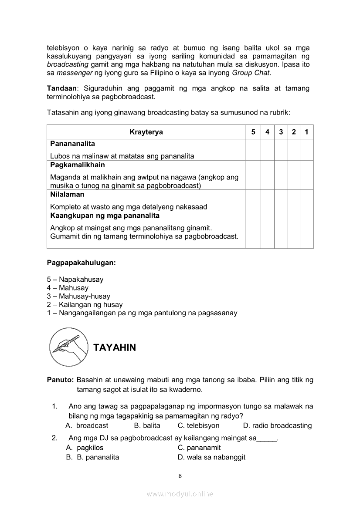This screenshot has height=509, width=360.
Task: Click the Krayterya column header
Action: pos(146,132)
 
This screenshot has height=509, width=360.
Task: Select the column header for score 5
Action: pos(253,132)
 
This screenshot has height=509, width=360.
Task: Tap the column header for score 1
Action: pos(307,132)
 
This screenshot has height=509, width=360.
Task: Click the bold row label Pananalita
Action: pos(72,144)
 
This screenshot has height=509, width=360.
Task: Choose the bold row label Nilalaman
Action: pos(67,195)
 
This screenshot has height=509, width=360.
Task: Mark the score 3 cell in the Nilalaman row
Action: pos(281,200)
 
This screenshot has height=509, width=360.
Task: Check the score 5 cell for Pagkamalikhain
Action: pos(253,175)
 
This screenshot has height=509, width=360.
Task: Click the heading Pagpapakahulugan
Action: pos(82,263)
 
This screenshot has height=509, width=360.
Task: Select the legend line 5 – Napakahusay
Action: pos(75,280)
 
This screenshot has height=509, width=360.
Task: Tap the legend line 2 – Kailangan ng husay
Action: pos(85,304)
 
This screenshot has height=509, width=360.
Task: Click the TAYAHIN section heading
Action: pos(115,347)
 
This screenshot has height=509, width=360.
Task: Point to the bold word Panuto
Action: pos(60,380)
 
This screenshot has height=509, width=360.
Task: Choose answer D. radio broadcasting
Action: pos(277,425)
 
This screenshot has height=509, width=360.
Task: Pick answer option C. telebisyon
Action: pos(199,425)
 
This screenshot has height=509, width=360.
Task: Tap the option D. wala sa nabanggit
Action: pos(211,457)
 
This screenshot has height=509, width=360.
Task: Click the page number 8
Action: pos(180,476)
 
